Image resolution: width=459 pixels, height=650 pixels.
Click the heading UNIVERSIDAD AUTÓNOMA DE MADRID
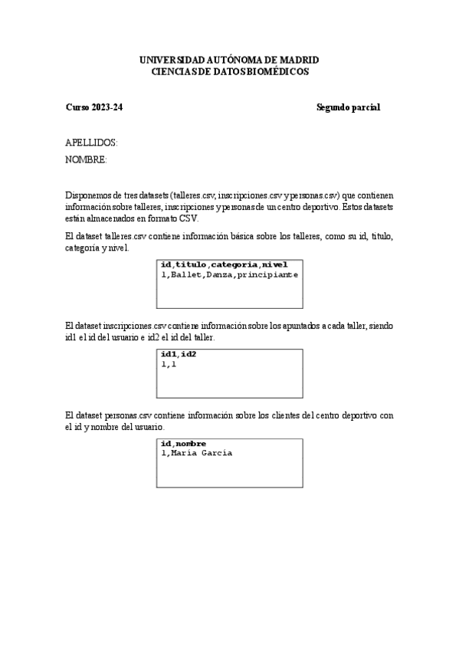[x=229, y=60]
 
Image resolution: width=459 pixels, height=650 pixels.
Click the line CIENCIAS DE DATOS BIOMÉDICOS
[x=230, y=71]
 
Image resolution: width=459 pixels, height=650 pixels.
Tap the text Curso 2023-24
[x=94, y=107]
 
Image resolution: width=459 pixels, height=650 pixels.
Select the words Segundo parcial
[x=348, y=107]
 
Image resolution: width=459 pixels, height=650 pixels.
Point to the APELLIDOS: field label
[x=91, y=143]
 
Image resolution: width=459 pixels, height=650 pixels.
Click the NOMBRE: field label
[x=86, y=159]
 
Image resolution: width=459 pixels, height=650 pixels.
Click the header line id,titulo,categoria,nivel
[x=224, y=265]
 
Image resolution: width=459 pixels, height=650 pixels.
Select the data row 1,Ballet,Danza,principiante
[x=229, y=274]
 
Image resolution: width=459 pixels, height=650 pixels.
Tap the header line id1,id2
[x=179, y=355]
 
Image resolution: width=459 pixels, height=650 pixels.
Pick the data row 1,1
[x=169, y=363]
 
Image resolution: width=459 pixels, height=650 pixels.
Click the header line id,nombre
[x=183, y=444]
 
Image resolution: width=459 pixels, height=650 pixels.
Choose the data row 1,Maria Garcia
[x=196, y=453]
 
